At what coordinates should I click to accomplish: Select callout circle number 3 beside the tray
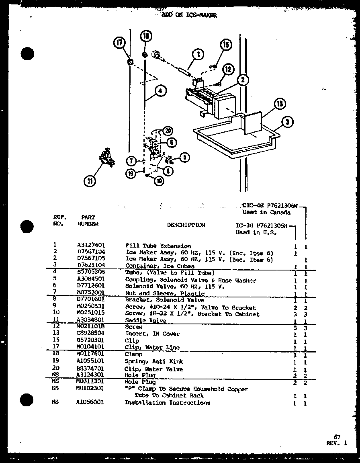point(287,122)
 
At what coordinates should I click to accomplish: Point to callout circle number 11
point(90,181)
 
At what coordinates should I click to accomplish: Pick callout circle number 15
point(226,45)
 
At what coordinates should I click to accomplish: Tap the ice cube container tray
point(233,141)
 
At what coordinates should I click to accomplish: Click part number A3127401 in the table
point(91,246)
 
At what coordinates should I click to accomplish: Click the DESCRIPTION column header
point(186,225)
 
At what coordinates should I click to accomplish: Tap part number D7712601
point(91,287)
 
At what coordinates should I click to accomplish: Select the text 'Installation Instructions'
point(167,403)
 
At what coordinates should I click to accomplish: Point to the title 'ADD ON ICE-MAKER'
point(189,15)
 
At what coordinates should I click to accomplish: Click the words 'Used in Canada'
point(263,212)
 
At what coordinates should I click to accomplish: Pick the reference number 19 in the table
point(55,361)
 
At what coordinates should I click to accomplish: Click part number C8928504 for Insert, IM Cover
point(91,334)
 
